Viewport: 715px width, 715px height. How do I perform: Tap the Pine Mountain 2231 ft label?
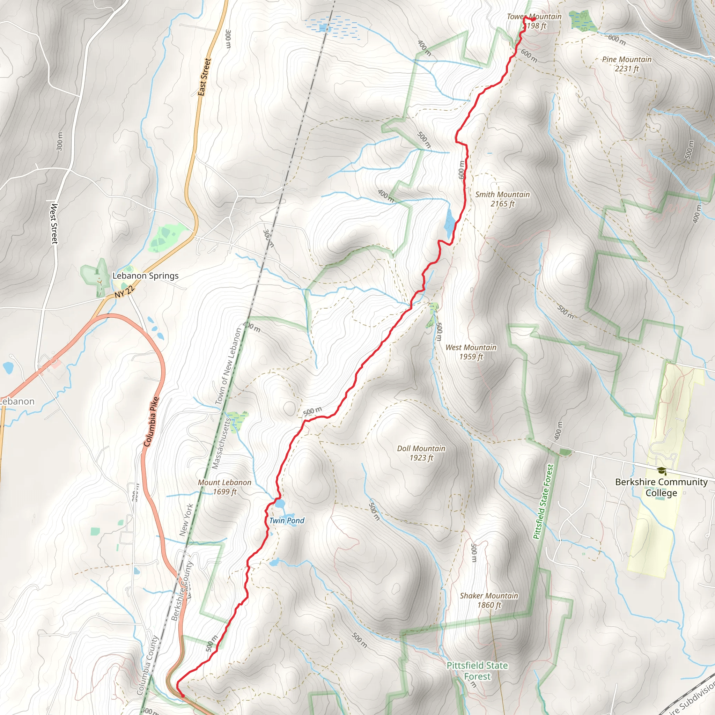click(627, 64)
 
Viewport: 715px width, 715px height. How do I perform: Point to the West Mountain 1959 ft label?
click(471, 352)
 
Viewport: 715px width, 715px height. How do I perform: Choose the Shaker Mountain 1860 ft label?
click(488, 600)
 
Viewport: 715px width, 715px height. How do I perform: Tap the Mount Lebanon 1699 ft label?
click(224, 487)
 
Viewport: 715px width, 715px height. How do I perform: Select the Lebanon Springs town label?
click(145, 276)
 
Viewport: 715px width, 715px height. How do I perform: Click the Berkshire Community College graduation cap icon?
click(662, 471)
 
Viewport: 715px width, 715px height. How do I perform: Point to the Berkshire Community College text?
click(661, 487)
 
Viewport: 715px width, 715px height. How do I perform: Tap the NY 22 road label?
click(124, 292)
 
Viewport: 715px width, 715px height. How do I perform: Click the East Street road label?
click(204, 77)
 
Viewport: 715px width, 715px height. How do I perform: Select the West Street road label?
click(54, 223)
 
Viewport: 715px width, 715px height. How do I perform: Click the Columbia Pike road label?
click(151, 421)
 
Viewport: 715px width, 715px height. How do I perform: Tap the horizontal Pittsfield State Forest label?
click(477, 671)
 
